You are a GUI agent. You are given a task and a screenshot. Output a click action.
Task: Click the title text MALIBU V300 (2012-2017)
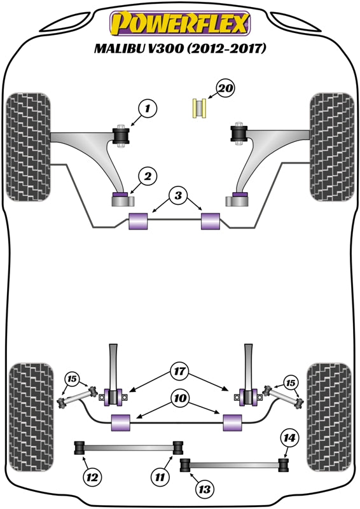click(180, 49)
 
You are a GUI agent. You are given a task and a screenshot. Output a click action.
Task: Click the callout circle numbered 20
click(225, 88)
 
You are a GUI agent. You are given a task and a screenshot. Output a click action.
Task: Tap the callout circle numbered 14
click(289, 437)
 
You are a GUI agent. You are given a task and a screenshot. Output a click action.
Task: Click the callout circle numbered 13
click(205, 490)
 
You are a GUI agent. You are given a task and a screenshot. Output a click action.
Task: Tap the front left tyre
click(29, 148)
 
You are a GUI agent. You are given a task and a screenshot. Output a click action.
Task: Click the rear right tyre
click(329, 417)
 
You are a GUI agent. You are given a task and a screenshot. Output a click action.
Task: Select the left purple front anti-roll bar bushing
click(138, 222)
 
